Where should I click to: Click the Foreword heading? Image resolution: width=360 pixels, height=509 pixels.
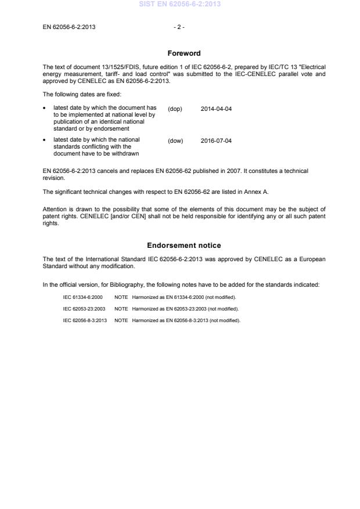(x=184, y=53)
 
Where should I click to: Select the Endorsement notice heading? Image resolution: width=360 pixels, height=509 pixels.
(x=184, y=246)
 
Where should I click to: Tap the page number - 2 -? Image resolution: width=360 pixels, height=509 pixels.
(x=179, y=27)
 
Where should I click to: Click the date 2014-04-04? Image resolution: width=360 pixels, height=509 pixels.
(x=216, y=109)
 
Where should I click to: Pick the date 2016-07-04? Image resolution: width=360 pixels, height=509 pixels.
(x=216, y=141)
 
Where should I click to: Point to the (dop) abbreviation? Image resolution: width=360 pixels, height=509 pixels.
(x=175, y=109)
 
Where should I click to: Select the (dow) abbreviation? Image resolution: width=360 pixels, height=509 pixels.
(x=175, y=141)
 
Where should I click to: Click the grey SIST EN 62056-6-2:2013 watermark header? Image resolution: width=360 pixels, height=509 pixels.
(x=179, y=4)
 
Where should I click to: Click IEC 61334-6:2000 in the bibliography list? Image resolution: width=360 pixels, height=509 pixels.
(x=83, y=297)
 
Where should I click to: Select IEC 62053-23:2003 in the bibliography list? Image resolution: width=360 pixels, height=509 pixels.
(x=84, y=309)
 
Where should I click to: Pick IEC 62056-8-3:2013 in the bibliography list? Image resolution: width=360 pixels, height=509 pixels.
(x=84, y=320)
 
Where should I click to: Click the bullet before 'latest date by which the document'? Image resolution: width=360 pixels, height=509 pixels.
(x=45, y=108)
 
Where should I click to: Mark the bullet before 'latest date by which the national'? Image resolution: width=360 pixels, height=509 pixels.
(x=45, y=140)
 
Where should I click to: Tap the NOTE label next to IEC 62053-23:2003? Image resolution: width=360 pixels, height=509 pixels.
(x=121, y=309)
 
